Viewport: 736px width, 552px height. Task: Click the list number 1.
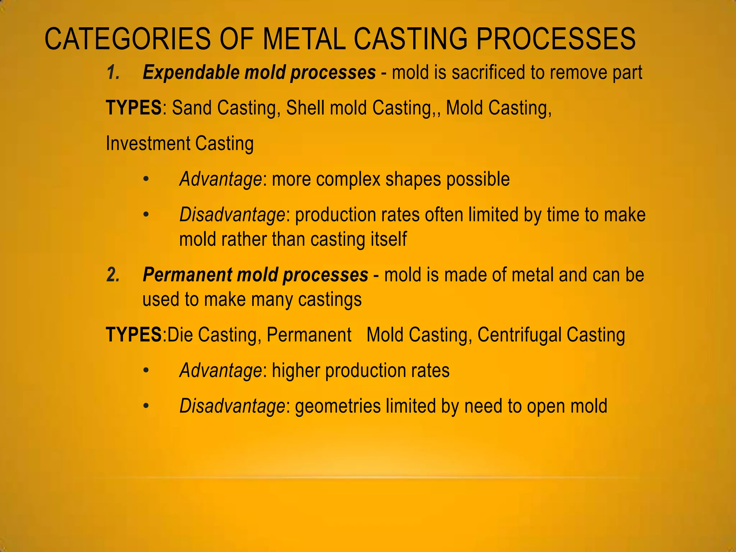click(113, 73)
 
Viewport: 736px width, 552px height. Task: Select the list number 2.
click(113, 275)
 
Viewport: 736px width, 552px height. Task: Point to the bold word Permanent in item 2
click(187, 275)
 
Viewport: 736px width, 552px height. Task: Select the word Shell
click(305, 108)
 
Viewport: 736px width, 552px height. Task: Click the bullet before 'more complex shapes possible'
click(146, 179)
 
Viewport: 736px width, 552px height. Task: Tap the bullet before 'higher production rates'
click(146, 371)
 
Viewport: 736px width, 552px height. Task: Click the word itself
click(389, 239)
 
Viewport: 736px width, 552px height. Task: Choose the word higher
click(295, 371)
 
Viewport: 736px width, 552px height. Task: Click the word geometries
click(337, 406)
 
